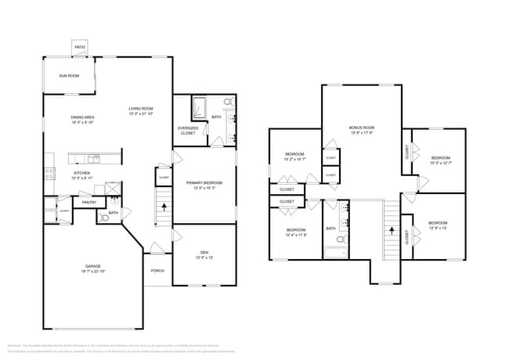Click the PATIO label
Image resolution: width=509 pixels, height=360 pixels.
click(80, 47)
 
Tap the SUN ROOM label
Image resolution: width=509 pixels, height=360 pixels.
click(69, 76)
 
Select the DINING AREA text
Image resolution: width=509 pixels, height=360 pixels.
click(83, 117)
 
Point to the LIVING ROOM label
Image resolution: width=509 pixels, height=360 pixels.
click(141, 108)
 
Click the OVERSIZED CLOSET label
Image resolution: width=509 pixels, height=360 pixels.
click(188, 130)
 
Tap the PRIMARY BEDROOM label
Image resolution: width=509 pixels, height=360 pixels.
click(204, 183)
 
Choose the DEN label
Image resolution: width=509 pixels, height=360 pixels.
click(204, 252)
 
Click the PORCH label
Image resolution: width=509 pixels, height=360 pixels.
click(157, 271)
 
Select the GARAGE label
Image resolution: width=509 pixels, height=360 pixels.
click(92, 266)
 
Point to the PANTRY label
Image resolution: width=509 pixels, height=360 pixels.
click(89, 203)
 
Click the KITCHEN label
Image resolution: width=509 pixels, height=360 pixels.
click(82, 173)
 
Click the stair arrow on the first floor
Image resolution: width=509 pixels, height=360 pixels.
click(163, 208)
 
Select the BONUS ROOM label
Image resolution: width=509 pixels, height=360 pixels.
click(362, 127)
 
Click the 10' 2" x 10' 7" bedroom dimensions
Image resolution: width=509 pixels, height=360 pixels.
click(294, 160)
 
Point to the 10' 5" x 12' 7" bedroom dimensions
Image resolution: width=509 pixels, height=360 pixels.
click(438, 164)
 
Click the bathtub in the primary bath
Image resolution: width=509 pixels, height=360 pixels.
click(198, 106)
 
